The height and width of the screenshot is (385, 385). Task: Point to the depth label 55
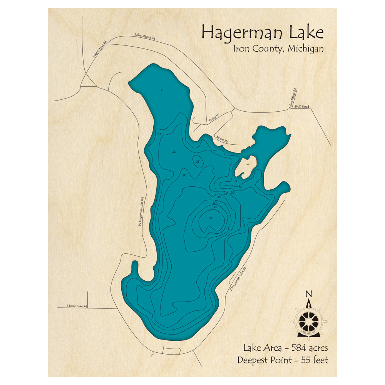(x=211, y=218)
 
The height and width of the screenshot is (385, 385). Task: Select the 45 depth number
(x=215, y=208)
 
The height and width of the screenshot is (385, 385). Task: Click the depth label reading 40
(x=214, y=203)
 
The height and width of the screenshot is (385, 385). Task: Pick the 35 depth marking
(x=219, y=197)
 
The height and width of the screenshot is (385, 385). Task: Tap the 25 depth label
(x=198, y=162)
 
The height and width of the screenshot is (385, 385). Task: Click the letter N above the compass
(x=308, y=295)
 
